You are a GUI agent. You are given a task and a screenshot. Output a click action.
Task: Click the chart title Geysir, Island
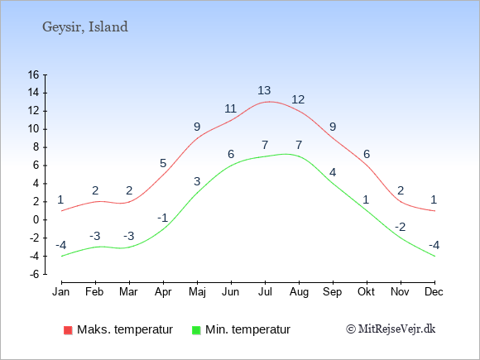[x=85, y=27]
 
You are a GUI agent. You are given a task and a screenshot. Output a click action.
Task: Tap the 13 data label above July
[x=264, y=90]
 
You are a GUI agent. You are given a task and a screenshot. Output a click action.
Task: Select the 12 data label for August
[x=298, y=99]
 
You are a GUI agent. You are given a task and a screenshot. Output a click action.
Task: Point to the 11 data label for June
[x=230, y=108]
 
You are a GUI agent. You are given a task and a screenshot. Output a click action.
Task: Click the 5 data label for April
[x=163, y=163]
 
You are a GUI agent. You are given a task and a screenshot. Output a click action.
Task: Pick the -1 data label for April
[x=163, y=218]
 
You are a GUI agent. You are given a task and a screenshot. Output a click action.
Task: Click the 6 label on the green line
[x=231, y=154]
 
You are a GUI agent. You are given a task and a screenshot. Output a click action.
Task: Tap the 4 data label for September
[x=333, y=172]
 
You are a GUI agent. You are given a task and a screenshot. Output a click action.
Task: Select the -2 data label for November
[x=401, y=227]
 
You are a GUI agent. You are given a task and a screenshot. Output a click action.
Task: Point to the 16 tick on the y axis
[x=34, y=74]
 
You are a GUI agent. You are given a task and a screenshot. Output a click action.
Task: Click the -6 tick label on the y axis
[x=35, y=274]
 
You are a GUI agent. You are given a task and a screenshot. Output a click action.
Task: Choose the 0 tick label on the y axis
[x=36, y=220]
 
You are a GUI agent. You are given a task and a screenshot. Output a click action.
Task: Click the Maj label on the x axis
[x=197, y=292]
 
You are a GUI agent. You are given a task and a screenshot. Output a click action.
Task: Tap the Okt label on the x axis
[x=366, y=292]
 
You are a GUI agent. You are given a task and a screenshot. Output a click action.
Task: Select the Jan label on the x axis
[x=61, y=292]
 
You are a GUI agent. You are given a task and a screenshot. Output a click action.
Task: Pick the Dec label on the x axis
[x=434, y=292]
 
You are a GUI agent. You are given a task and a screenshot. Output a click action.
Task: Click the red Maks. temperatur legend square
[x=68, y=330]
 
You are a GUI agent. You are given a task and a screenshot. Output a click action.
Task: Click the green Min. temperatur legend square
[x=196, y=330]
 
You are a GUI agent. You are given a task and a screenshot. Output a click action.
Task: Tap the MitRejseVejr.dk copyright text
[x=391, y=329]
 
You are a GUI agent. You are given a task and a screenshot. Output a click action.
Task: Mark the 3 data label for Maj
[x=197, y=181]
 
